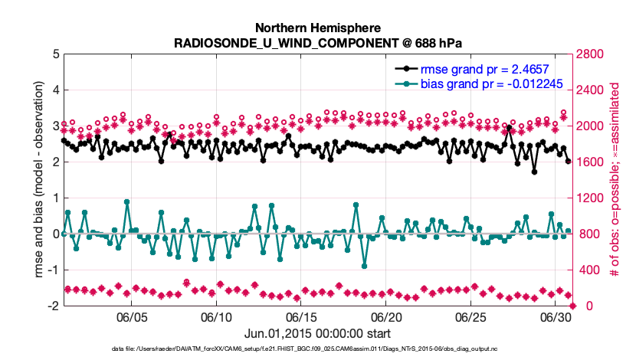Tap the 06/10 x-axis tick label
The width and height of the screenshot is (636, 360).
point(216,317)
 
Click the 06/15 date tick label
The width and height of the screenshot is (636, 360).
point(301,317)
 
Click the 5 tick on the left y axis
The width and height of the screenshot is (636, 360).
point(57,54)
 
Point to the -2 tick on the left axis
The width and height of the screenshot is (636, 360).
point(54,306)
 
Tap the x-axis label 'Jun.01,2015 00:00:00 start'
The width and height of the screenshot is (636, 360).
point(318,333)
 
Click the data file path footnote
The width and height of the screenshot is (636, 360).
point(318,350)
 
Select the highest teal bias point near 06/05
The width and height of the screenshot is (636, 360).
point(126,202)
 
